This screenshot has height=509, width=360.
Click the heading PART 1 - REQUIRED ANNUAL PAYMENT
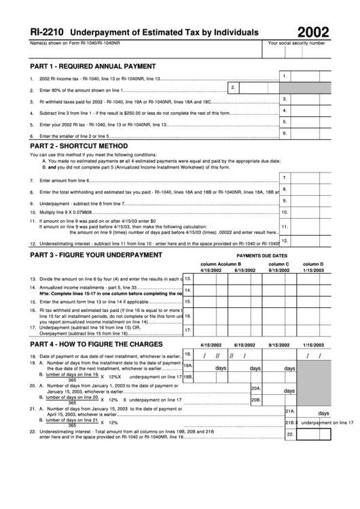[93, 66]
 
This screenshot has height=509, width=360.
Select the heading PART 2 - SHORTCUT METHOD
[79, 145]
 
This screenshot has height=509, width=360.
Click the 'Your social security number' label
[297, 43]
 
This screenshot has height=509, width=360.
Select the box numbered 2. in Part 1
[233, 87]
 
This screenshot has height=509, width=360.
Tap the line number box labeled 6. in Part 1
[285, 134]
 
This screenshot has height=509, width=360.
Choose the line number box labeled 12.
[285, 240]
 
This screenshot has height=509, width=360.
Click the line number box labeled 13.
[187, 278]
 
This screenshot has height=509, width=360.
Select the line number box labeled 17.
[187, 330]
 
